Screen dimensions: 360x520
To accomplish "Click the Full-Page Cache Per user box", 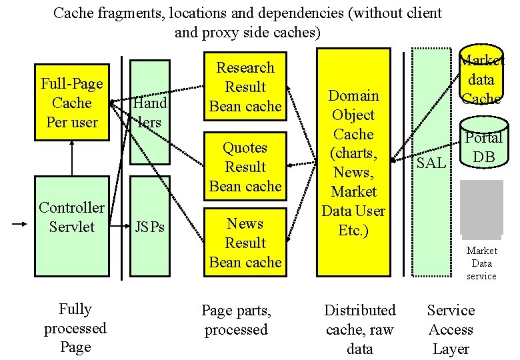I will coord(72,103).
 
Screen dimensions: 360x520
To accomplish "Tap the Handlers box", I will coord(149,112).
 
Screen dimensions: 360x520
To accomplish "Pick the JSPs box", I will coord(149,226).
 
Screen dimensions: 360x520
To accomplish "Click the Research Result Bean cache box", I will coord(245,87).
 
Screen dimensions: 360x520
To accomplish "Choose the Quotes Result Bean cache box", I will coord(245,167).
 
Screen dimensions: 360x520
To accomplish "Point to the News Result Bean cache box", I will coord(245,243).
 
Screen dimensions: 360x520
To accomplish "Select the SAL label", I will coord(431,162).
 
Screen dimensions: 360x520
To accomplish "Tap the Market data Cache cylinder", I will coord(481,79).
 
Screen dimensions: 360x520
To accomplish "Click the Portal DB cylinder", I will coord(483,147).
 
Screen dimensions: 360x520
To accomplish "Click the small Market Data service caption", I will coord(481,263).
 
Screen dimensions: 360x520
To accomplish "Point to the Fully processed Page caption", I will coord(75,328).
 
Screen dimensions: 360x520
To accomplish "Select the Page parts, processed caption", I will coord(236,320).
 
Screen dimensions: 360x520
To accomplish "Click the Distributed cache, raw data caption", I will coord(360,329).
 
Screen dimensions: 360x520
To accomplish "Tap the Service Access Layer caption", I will coord(451,329).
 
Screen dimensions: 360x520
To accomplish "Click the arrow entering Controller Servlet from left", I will coord(20,226).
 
